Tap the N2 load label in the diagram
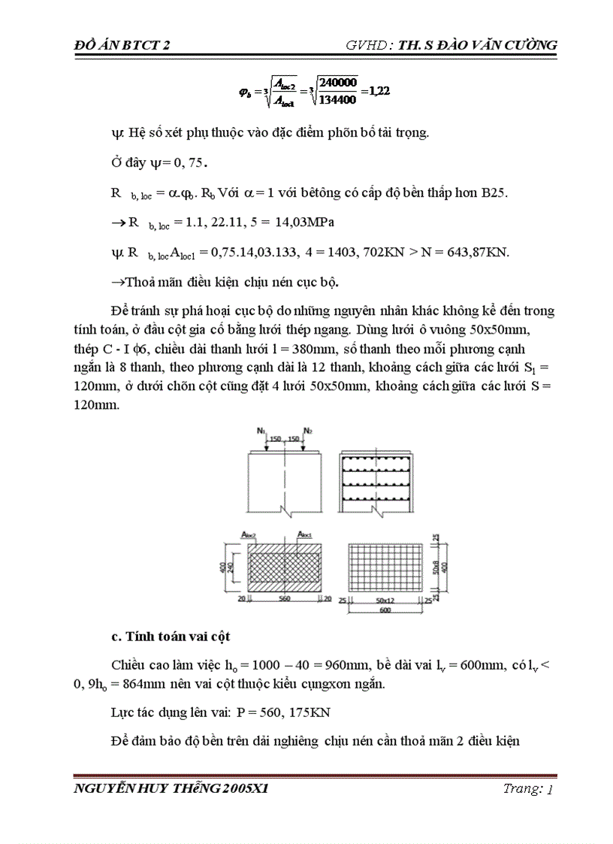point(308,431)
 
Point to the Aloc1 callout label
point(305,534)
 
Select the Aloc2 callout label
point(249,534)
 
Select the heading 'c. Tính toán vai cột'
point(171,637)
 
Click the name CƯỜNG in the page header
point(527,46)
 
